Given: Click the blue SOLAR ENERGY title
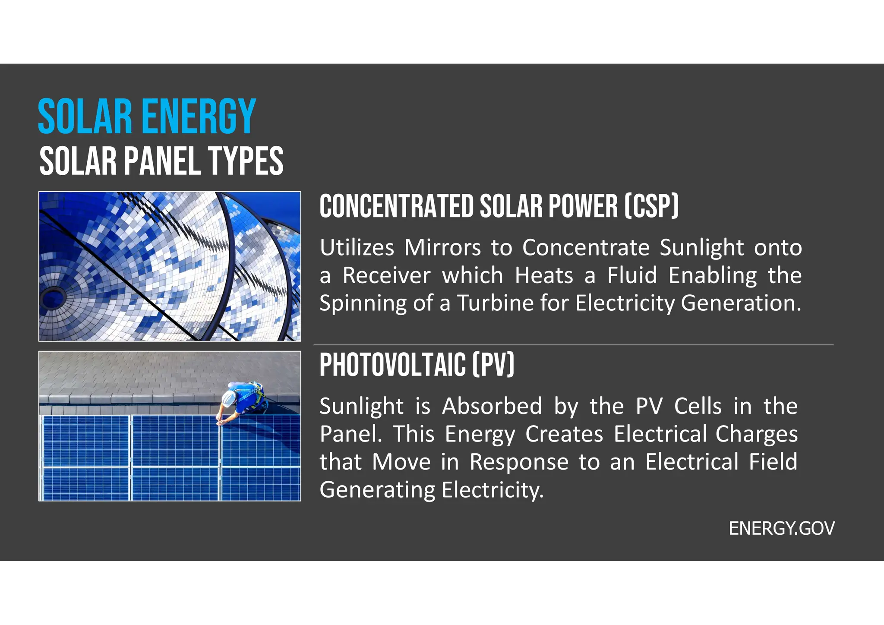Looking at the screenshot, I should coord(147,116).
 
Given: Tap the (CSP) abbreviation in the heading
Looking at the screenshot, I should coord(651,206).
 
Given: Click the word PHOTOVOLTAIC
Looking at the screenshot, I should coord(392,365).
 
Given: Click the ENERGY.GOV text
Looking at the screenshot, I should coord(781,528).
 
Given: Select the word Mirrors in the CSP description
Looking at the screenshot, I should coord(442,248).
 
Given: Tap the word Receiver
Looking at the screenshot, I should coord(386,275).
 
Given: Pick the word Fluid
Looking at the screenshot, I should coord(632,275).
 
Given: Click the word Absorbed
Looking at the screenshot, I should coord(492,407).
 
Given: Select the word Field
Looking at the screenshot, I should coord(773,462).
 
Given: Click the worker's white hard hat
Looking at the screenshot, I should coord(229,397).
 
